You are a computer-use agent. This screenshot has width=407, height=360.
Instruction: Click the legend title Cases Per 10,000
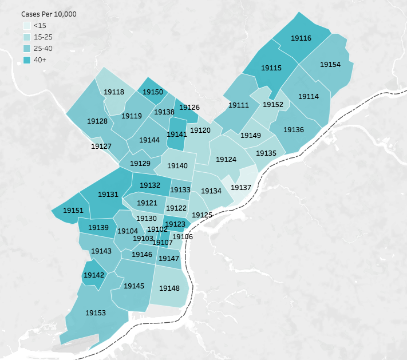coord(49,13)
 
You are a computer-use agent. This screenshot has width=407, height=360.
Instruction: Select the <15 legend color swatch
coord(26,25)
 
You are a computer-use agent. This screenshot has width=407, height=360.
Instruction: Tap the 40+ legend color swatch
coord(26,60)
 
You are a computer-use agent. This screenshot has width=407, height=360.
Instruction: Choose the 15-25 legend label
coord(43,37)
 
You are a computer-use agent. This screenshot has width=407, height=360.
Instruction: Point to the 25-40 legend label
coord(43,48)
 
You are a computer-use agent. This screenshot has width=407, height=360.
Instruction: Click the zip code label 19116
coord(301,38)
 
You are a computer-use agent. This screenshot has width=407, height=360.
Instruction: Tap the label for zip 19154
coord(330,65)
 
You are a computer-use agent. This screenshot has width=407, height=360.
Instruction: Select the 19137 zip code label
coord(240,188)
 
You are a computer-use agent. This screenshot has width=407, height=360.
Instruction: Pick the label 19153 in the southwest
coord(96,313)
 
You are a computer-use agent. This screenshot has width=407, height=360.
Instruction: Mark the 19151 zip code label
coord(73,211)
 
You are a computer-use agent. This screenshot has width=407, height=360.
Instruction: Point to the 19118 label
coord(114,92)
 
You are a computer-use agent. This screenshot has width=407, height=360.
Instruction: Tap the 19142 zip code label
coord(94,275)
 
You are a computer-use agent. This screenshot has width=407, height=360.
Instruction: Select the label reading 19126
coord(189,107)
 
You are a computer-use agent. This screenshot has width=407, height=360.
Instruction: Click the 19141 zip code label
coord(177,134)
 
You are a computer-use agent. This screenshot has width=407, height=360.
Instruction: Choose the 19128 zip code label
coord(97,121)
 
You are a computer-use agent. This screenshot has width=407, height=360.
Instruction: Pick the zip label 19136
coord(294,130)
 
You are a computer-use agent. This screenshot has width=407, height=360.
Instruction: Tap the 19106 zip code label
coord(183,236)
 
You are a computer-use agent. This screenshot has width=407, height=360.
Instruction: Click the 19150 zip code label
coord(153,92)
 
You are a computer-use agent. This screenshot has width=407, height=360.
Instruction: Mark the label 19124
coord(226,159)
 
